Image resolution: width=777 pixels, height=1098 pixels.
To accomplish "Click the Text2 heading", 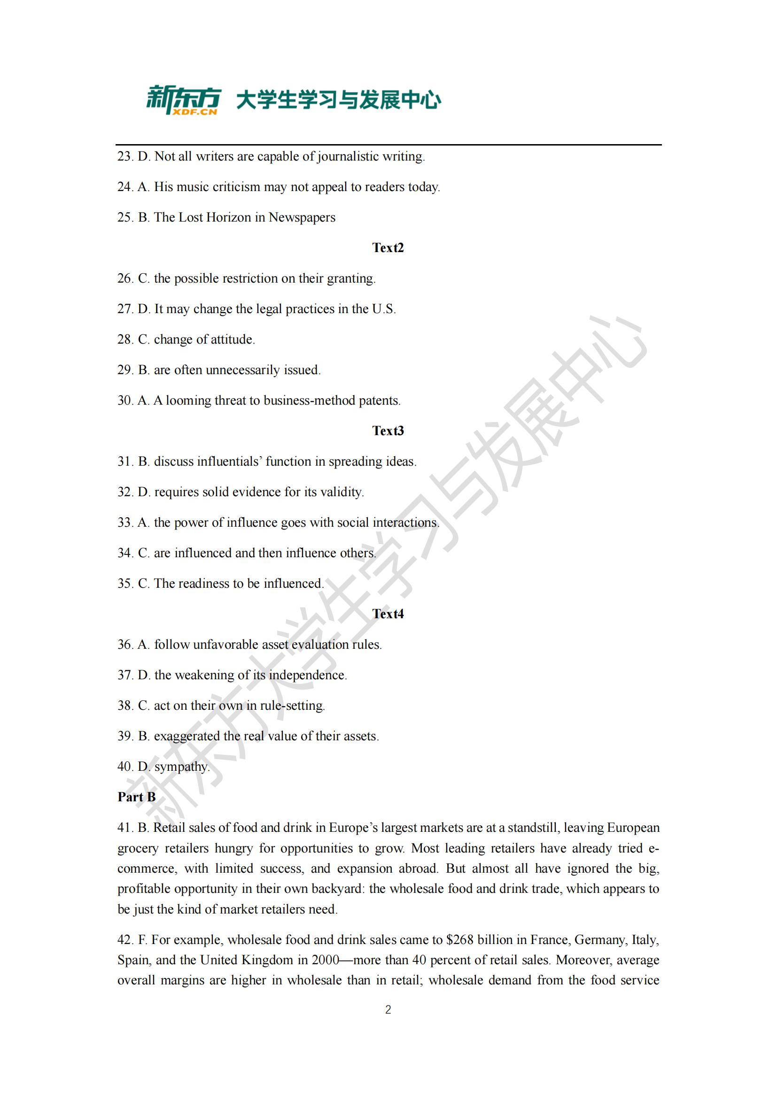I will [388, 248].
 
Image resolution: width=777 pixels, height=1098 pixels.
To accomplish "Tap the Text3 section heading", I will [388, 431].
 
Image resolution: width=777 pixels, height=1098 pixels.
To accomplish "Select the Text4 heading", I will [388, 614].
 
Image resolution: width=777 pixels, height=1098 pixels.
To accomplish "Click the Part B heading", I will [136, 797].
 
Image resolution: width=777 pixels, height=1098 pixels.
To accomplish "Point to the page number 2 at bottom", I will [388, 1010].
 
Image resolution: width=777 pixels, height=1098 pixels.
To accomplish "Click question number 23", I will [125, 156].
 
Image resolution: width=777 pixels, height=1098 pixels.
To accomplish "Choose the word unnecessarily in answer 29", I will [242, 370].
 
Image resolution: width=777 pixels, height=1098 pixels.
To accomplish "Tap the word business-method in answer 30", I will [310, 401].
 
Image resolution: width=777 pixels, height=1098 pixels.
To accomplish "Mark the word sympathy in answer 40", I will [181, 767].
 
